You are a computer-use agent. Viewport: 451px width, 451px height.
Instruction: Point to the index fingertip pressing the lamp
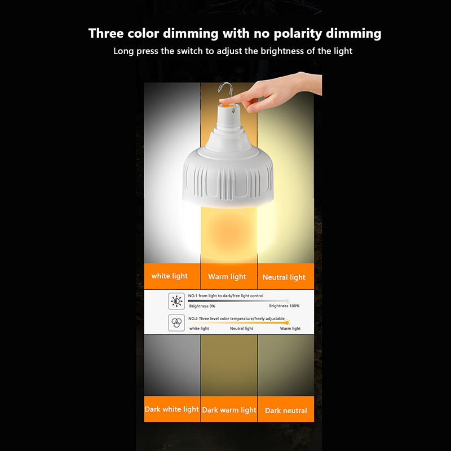point(223,100)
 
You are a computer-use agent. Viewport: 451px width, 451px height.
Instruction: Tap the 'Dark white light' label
point(172,409)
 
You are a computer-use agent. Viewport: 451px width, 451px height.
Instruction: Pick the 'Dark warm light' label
point(229,409)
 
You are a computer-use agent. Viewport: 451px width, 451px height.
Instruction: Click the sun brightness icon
point(176,301)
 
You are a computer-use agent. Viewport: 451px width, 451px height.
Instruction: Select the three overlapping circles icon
point(176,322)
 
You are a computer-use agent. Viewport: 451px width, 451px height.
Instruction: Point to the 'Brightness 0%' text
point(202,306)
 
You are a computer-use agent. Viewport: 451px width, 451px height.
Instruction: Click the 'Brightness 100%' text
point(284,306)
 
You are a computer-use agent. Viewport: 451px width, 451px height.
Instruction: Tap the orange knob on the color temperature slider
point(287,322)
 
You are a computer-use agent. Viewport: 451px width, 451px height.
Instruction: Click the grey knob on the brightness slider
point(287,301)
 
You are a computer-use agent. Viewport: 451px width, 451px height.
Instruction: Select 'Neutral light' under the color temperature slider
point(242,329)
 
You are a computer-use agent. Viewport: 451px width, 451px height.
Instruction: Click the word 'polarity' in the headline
point(298,34)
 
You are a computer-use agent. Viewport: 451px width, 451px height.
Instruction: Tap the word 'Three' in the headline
point(106,33)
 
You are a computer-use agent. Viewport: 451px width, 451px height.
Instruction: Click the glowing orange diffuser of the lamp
point(228,230)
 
